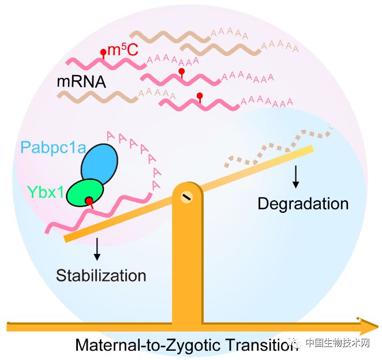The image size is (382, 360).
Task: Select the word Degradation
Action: point(303,204)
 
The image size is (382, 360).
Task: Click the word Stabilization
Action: point(101,275)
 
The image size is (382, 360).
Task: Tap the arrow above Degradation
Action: point(296,177)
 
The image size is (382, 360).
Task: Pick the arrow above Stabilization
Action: point(97,247)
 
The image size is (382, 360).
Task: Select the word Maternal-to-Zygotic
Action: point(145,345)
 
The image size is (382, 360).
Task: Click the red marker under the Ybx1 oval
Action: point(89,201)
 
